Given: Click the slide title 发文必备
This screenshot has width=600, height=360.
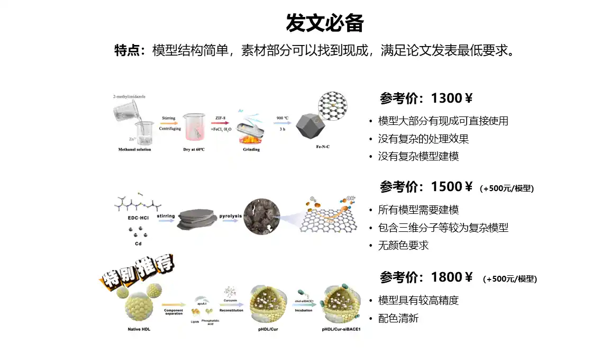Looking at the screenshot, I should [x=324, y=23].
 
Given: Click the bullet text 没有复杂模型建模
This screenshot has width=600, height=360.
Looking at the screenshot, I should [x=418, y=156].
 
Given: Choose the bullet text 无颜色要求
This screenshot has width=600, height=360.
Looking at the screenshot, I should [x=403, y=245].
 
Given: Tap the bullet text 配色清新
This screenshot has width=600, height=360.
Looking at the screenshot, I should [x=398, y=318].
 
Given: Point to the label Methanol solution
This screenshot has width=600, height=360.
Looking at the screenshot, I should [x=134, y=149].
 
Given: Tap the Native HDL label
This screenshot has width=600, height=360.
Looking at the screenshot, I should [x=140, y=329].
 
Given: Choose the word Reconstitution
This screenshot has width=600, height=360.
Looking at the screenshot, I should [x=231, y=310].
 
